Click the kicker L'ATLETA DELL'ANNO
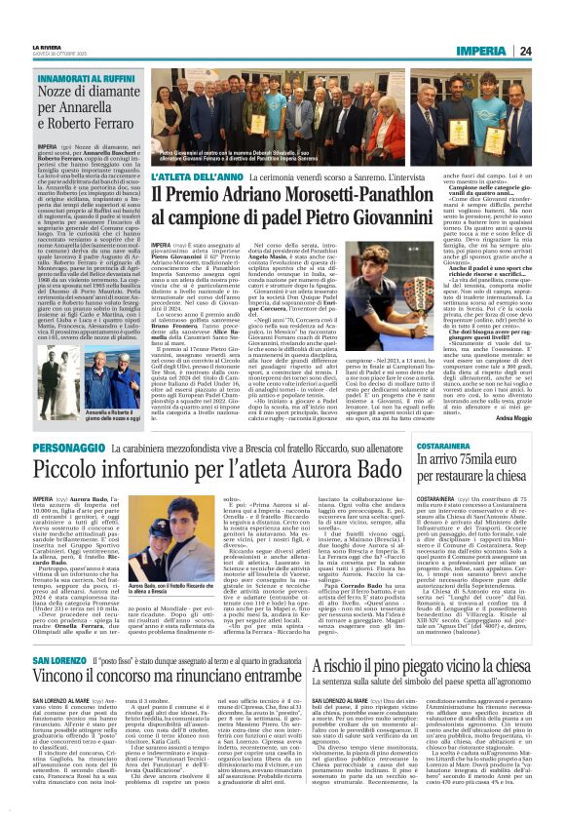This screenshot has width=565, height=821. tap(190, 178)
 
